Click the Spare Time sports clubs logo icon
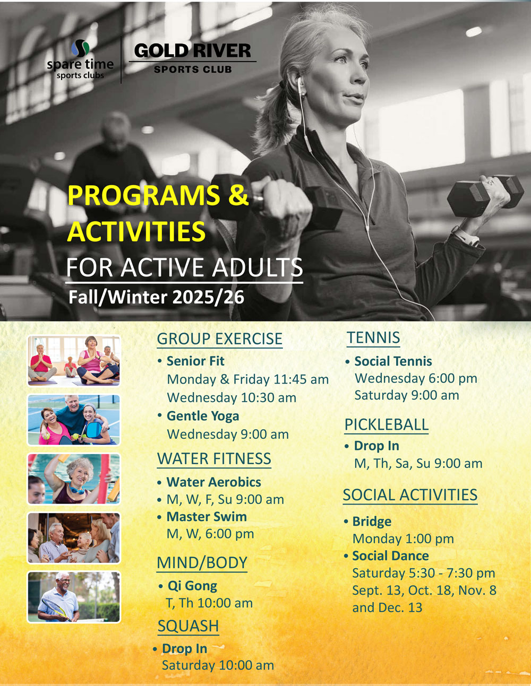pyautogui.click(x=80, y=48)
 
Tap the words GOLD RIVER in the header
pyautogui.click(x=192, y=50)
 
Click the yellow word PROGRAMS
pyautogui.click(x=144, y=195)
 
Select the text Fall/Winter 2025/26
pyautogui.click(x=156, y=298)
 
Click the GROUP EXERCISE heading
pyautogui.click(x=219, y=338)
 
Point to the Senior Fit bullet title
pyautogui.click(x=195, y=361)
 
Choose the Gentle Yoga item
pyautogui.click(x=203, y=416)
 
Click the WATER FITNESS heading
pyautogui.click(x=214, y=458)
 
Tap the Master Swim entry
pyautogui.click(x=207, y=516)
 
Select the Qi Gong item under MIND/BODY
pyautogui.click(x=192, y=586)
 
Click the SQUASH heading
pyautogui.click(x=189, y=626)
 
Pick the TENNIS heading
pyautogui.click(x=373, y=337)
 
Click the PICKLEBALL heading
pyautogui.click(x=387, y=424)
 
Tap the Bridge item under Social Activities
pyautogui.click(x=372, y=522)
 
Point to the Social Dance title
pyautogui.click(x=390, y=555)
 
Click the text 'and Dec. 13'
pyautogui.click(x=387, y=607)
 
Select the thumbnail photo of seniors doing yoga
pyautogui.click(x=74, y=361)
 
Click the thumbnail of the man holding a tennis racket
pyautogui.click(x=74, y=597)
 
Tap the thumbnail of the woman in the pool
pyautogui.click(x=74, y=479)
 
